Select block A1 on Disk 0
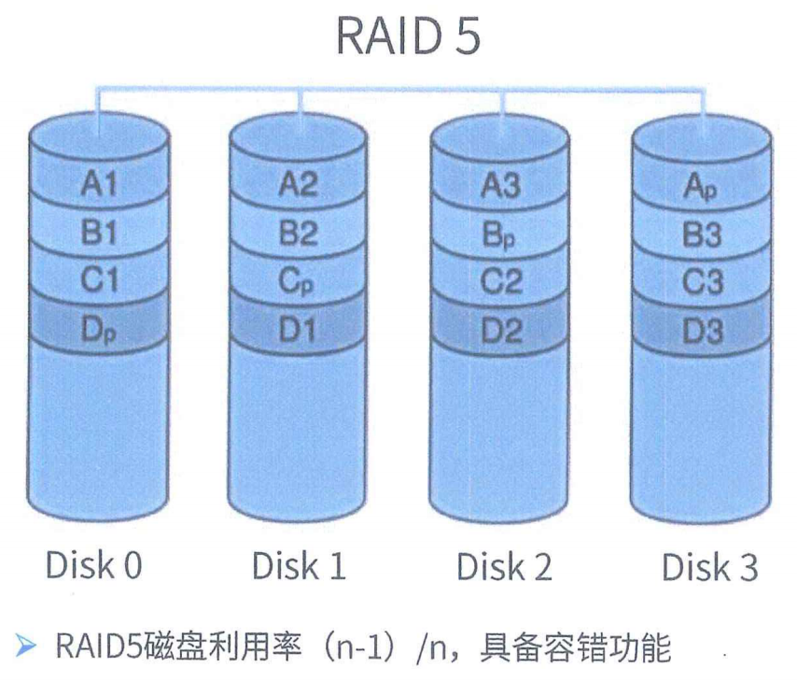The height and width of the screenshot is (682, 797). coord(100,185)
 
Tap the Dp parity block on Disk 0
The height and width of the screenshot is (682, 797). coord(100,330)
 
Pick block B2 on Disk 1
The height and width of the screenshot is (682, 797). coord(299,234)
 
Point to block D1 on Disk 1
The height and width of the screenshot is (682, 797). coord(299,330)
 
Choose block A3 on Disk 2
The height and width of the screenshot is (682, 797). coord(500,185)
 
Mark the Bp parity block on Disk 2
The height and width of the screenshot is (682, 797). coord(500,234)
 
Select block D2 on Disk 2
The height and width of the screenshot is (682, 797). coord(500,330)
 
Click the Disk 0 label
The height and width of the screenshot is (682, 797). coord(94,564)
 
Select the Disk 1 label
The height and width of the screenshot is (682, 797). coord(299,565)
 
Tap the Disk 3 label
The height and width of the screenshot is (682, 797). coord(709,567)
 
